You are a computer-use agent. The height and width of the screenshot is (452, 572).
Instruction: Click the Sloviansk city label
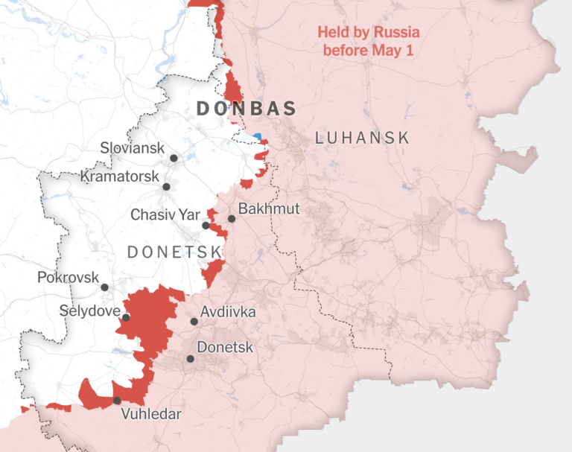pyautogui.click(x=132, y=148)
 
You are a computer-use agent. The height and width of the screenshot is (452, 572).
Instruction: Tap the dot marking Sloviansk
pyautogui.click(x=174, y=158)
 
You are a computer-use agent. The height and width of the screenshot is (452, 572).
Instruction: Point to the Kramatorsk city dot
pyautogui.click(x=167, y=187)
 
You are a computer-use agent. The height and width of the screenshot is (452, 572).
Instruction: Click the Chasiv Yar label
pyautogui.click(x=165, y=214)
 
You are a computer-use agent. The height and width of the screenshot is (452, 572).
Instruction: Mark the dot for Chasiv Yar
pyautogui.click(x=206, y=225)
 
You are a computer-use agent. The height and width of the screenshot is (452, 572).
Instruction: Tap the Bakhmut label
pyautogui.click(x=269, y=209)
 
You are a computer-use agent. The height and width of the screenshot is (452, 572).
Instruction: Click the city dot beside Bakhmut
pyautogui.click(x=232, y=218)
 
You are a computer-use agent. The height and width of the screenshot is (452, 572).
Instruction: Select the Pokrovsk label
pyautogui.click(x=68, y=278)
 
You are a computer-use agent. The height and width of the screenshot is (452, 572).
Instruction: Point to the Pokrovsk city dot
pyautogui.click(x=105, y=287)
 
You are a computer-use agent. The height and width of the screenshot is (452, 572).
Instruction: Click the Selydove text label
pyautogui.click(x=90, y=309)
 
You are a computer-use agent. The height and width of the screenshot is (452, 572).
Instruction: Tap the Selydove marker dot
pyautogui.click(x=126, y=317)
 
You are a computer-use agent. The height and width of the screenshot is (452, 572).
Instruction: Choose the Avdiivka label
pyautogui.click(x=227, y=312)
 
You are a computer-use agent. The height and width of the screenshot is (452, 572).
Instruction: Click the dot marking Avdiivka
pyautogui.click(x=194, y=322)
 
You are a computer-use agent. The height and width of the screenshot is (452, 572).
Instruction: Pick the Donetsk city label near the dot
pyautogui.click(x=224, y=348)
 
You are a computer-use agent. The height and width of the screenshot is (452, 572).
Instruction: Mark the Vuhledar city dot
pyautogui.click(x=117, y=401)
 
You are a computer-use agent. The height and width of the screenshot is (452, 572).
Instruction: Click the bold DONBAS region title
pyautogui.click(x=246, y=109)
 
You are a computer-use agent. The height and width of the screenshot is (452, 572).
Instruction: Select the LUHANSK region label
pyautogui.click(x=363, y=138)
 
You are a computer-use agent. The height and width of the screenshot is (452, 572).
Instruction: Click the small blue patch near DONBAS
pyautogui.click(x=258, y=136)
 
